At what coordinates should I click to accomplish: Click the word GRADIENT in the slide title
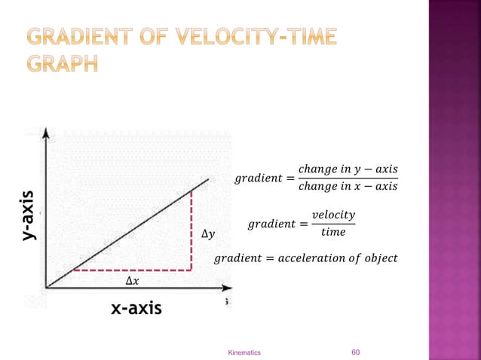(83, 37)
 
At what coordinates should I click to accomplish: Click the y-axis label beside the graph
(29, 215)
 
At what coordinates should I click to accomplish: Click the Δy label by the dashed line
(208, 235)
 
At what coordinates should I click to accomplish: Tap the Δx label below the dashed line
(131, 282)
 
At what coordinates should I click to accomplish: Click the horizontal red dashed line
(132, 269)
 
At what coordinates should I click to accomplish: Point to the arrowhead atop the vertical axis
(47, 133)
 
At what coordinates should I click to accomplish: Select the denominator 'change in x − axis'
(348, 186)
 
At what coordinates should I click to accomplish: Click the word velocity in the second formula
(332, 216)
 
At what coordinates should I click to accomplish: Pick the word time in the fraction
(332, 232)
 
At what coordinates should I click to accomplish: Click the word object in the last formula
(378, 260)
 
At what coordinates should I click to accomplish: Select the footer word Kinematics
(244, 352)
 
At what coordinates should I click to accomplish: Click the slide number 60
(358, 351)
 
